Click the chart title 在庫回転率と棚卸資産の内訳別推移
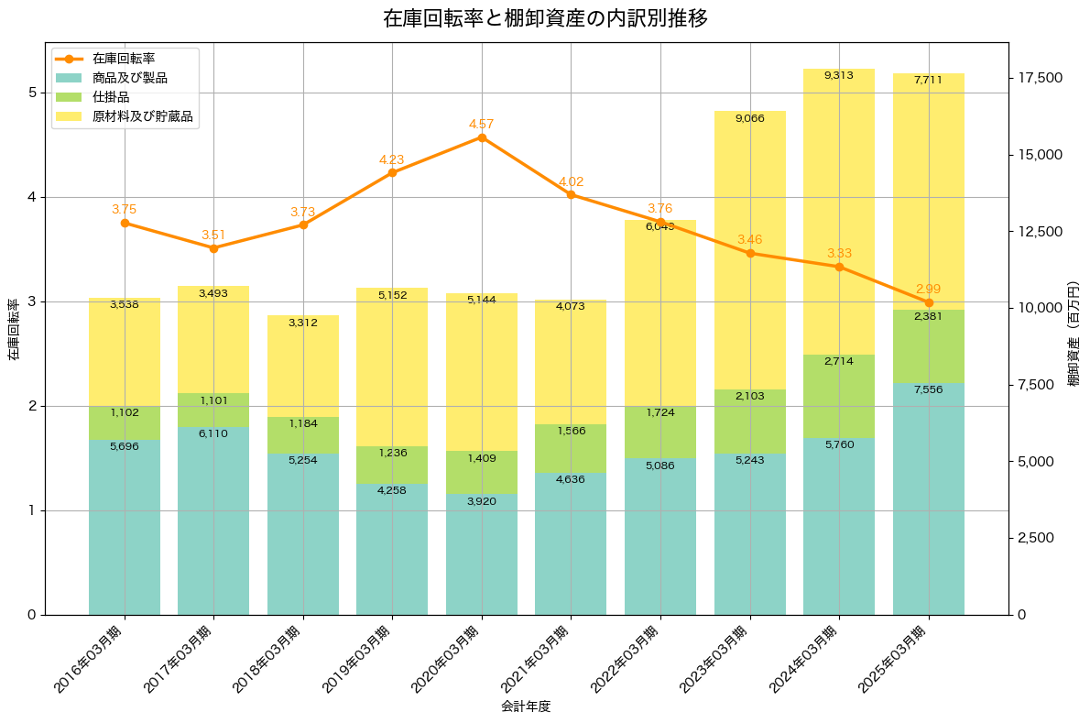(x=545, y=18)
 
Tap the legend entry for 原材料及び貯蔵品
(x=142, y=116)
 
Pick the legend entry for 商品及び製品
(x=129, y=78)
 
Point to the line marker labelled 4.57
(x=482, y=137)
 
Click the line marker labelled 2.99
(x=929, y=302)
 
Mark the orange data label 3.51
(x=213, y=235)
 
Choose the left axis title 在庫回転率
(x=14, y=330)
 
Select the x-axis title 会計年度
(x=526, y=707)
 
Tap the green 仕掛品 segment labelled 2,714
(x=839, y=396)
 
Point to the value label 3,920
(x=482, y=501)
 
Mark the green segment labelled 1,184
(x=303, y=435)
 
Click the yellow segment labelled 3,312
(x=303, y=367)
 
